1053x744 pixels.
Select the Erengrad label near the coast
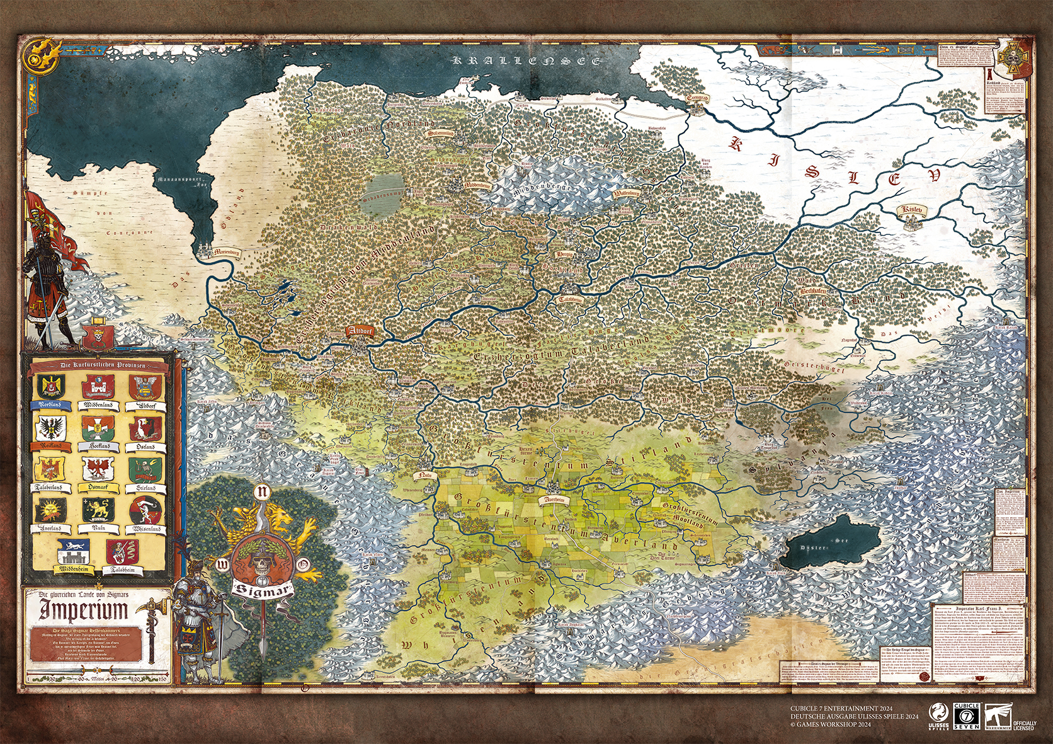click(x=697, y=98)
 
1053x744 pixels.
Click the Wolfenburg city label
click(x=626, y=194)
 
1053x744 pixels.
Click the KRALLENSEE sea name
click(x=528, y=61)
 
